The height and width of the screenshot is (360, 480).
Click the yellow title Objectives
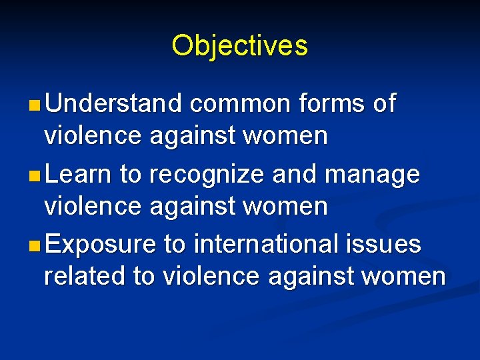coord(239,46)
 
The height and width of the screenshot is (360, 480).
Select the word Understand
coord(114,104)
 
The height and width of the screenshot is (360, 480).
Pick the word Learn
coord(79,175)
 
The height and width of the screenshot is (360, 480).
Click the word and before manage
coord(297,175)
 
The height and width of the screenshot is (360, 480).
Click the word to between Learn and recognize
coord(131,175)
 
